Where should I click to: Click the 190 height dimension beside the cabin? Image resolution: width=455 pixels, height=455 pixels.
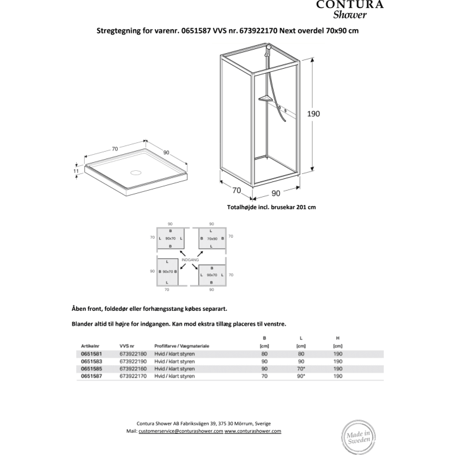point(314,114)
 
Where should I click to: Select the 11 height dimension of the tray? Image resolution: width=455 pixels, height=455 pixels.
point(76,170)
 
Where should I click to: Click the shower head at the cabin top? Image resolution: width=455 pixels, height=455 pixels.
point(267,48)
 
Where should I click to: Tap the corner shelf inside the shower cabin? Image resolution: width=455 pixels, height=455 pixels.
point(265,98)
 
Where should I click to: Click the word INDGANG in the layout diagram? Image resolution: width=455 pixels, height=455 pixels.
point(189,260)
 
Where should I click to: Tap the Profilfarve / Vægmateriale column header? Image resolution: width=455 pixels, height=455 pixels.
point(182,345)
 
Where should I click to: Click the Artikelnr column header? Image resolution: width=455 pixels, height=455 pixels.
point(91,345)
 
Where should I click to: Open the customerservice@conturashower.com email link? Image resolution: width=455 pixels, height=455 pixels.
point(181,431)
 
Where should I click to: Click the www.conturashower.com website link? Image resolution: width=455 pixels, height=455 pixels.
point(253,431)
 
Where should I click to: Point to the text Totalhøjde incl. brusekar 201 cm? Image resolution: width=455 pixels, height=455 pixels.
point(272,207)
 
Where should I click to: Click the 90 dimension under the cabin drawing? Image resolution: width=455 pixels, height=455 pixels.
point(275,193)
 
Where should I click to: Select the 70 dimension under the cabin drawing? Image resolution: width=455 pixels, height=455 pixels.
point(236,190)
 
